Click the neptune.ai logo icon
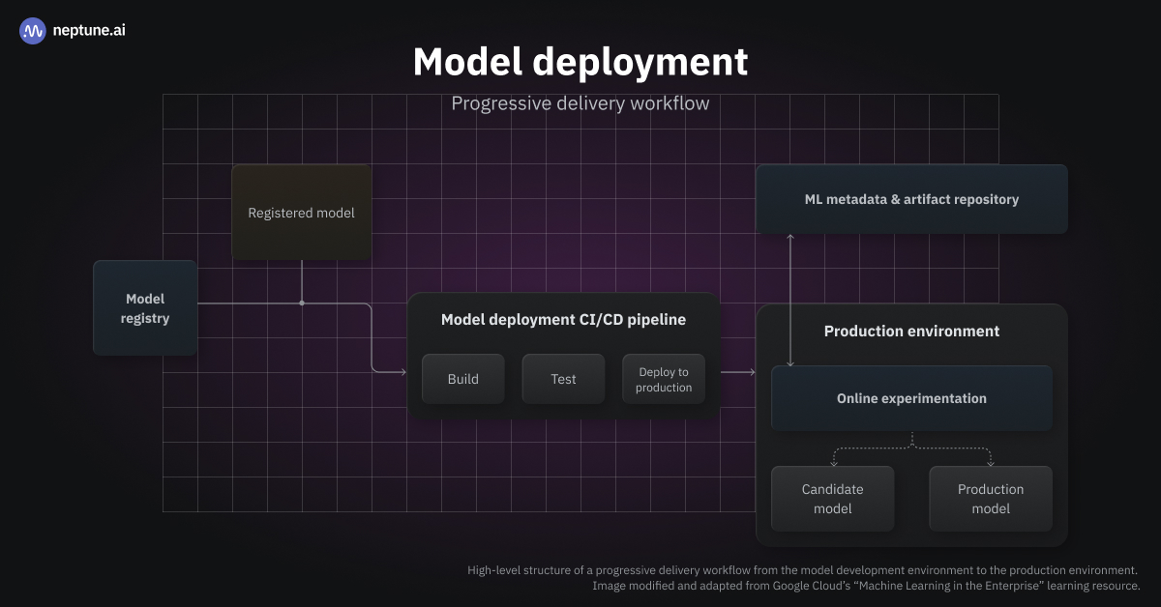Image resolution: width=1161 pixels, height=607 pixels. [33, 31]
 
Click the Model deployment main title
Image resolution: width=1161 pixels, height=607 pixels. [580, 62]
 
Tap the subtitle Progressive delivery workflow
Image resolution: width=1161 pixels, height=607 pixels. [580, 102]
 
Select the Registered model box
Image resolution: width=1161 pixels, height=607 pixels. [301, 213]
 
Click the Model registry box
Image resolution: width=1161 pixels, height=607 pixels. [145, 308]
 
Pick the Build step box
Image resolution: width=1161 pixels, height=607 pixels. [462, 379]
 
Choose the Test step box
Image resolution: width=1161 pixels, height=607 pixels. [563, 379]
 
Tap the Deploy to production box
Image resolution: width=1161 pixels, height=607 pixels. [664, 379]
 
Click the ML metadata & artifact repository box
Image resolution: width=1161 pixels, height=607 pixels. [911, 199]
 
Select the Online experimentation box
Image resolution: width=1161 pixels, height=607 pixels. [911, 398]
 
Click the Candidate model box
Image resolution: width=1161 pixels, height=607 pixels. [832, 499]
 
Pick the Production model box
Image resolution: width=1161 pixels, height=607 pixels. [991, 499]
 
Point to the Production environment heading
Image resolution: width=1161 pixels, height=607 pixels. [911, 332]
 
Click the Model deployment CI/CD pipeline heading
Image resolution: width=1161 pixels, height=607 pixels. [563, 320]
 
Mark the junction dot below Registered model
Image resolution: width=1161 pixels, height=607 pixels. [302, 303]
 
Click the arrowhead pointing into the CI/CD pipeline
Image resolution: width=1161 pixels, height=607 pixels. [402, 371]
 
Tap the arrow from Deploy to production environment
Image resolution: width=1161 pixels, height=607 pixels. [739, 371]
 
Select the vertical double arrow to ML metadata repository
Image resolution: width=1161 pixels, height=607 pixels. [790, 300]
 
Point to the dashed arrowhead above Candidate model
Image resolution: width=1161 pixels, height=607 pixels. [833, 463]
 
